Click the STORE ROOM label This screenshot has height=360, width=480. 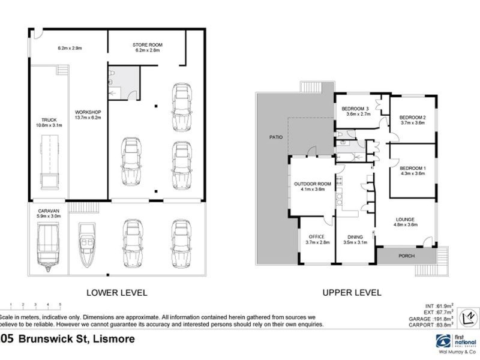147,45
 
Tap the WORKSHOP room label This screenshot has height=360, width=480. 88,112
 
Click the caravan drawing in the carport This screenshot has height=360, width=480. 48,247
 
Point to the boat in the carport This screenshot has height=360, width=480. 88,244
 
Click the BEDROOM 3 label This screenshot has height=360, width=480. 356,109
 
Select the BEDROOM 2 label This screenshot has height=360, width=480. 412,117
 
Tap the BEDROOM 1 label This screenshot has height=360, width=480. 412,168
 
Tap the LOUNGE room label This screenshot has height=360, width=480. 405,220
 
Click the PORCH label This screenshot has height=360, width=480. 407,256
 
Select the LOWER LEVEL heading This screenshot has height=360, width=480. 116,293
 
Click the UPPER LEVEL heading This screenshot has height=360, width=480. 352,293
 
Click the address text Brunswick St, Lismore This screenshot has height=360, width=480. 75,340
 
